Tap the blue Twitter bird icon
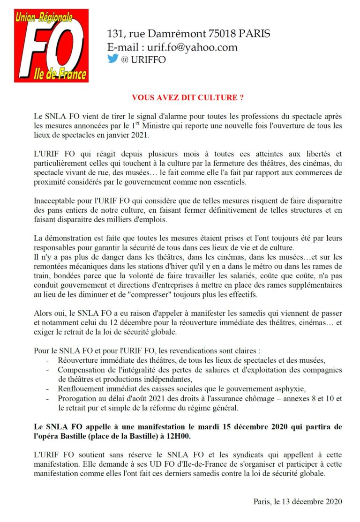coord(112,59)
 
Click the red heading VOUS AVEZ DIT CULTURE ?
coord(187,97)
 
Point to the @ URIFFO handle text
coord(143,60)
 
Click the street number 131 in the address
coord(115,34)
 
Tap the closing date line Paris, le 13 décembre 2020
coord(298,501)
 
